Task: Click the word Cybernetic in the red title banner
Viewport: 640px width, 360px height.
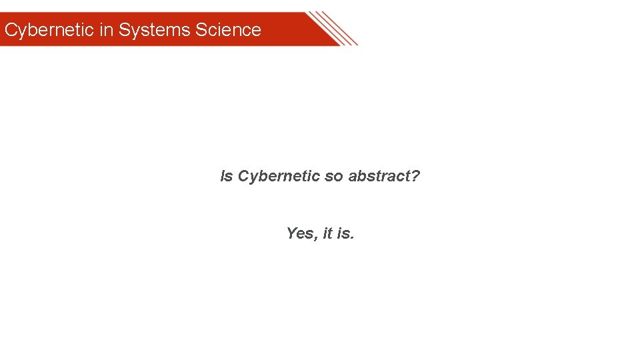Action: click(x=49, y=30)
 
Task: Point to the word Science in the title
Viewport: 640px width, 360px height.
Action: click(x=228, y=30)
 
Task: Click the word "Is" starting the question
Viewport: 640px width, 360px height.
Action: click(x=227, y=177)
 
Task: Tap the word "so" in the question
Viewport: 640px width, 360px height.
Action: click(x=333, y=177)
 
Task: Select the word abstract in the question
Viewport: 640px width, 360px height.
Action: click(x=379, y=177)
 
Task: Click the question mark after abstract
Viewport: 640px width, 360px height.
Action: click(x=416, y=177)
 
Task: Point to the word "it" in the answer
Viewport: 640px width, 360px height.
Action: click(x=327, y=233)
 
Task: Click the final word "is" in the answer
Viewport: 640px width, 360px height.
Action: click(x=343, y=233)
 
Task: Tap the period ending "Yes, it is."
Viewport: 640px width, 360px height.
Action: click(x=353, y=238)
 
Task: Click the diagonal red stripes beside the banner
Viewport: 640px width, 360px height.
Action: click(x=333, y=28)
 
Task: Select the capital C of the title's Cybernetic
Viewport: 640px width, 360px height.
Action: click(x=10, y=30)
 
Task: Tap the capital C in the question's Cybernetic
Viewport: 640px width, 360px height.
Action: click(x=243, y=177)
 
